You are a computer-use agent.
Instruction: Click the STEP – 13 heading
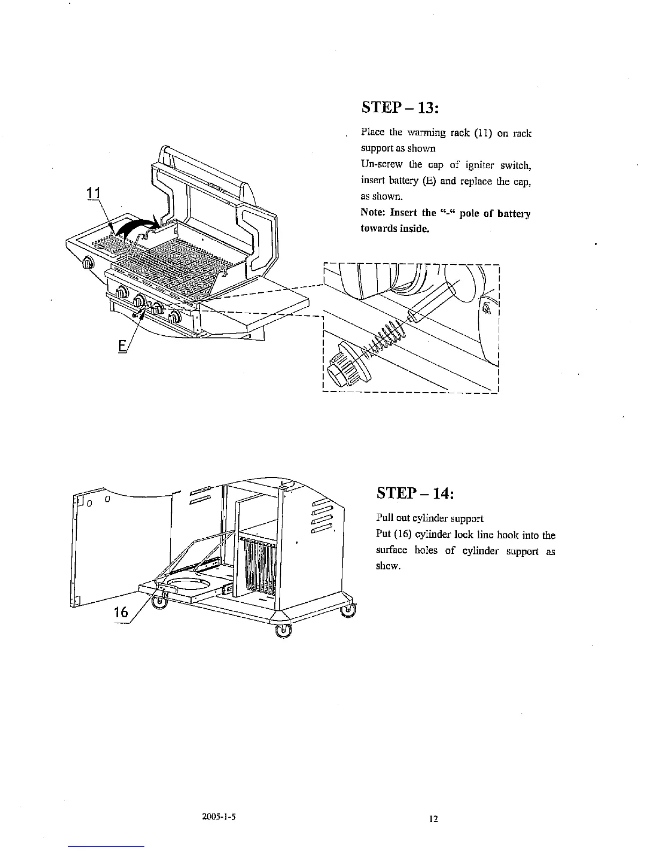(x=400, y=107)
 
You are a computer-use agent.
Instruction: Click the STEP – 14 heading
(x=415, y=492)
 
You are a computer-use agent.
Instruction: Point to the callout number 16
(x=122, y=612)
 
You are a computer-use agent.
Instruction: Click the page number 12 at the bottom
(x=434, y=819)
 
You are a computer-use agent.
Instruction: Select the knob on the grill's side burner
(x=87, y=263)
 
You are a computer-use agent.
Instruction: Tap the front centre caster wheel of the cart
(x=282, y=631)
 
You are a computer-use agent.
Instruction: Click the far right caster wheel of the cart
(x=349, y=609)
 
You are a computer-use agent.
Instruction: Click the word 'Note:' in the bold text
(x=374, y=213)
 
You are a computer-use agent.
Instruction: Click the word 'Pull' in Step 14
(x=384, y=519)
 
